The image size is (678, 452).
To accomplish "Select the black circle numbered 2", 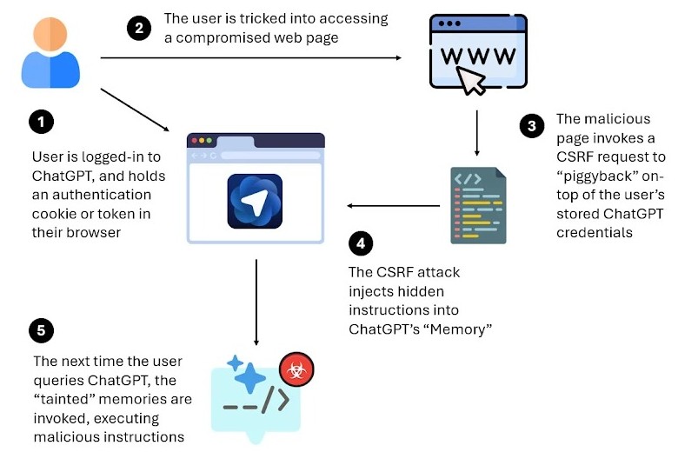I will [x=139, y=28].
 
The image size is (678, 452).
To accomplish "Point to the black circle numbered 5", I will [x=42, y=330].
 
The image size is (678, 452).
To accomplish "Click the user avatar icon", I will [x=50, y=54].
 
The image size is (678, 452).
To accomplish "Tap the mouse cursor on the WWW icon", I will [x=472, y=81].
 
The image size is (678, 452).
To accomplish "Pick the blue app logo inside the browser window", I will [x=256, y=201].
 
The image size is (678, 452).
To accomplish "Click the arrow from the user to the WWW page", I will [x=251, y=58].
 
